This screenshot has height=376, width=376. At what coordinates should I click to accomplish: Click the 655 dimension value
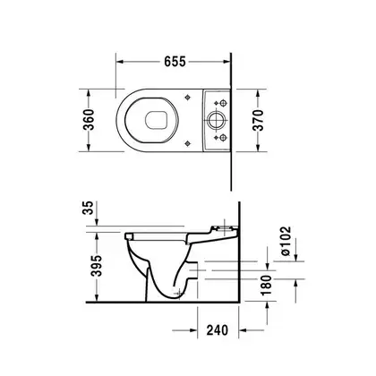[x=175, y=62]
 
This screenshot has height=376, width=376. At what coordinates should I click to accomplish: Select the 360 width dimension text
[x=89, y=120]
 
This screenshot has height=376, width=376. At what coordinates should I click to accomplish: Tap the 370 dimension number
[x=258, y=120]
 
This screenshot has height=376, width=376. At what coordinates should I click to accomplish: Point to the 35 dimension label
[x=88, y=208]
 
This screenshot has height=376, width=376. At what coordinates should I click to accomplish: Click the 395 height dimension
[x=97, y=266]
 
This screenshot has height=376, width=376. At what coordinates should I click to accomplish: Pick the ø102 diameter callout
[x=285, y=241]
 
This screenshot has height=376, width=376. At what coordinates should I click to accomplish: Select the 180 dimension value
[x=267, y=285]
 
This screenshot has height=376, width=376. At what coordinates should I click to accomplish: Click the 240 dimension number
[x=218, y=330]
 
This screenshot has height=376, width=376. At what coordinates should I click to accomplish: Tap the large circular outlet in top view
[x=216, y=120]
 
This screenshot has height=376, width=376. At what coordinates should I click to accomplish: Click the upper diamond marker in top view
[x=187, y=98]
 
